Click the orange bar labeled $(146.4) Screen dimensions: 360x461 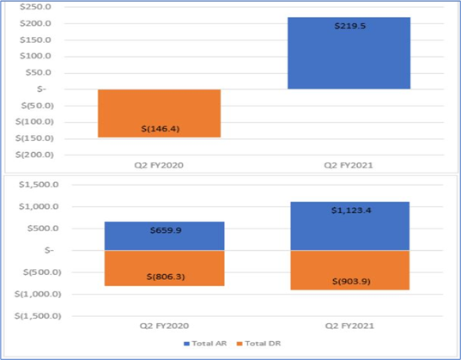[x=159, y=113]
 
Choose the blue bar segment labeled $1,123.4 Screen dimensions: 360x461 [x=349, y=226]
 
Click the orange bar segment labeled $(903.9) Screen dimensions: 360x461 [x=349, y=270]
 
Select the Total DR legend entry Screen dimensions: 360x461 [x=258, y=343]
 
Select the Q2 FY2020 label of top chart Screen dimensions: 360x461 [x=159, y=164]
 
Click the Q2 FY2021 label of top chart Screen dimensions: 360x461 [x=349, y=164]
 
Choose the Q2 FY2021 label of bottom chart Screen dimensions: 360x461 [x=349, y=326]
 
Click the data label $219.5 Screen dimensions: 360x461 [x=349, y=27]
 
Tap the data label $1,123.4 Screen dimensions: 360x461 [x=349, y=211]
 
